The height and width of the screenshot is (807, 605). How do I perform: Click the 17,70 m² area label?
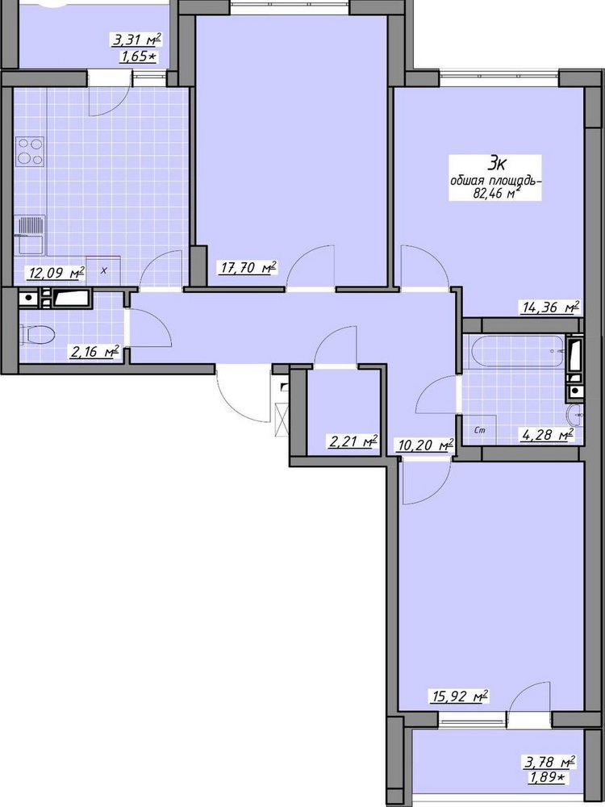(248, 269)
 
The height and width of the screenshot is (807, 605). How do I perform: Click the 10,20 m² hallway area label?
(424, 445)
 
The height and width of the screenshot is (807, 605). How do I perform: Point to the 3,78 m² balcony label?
(549, 762)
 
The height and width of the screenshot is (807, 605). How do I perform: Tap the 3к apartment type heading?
(496, 164)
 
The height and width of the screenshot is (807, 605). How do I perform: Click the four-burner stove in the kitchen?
(30, 152)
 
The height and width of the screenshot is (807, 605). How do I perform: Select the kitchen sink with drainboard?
(31, 235)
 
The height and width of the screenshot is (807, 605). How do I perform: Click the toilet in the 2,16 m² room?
(38, 335)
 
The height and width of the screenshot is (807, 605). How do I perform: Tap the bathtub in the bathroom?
(517, 351)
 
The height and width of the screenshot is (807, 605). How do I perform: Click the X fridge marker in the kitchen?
(103, 270)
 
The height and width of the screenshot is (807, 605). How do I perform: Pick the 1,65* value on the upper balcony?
(137, 56)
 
